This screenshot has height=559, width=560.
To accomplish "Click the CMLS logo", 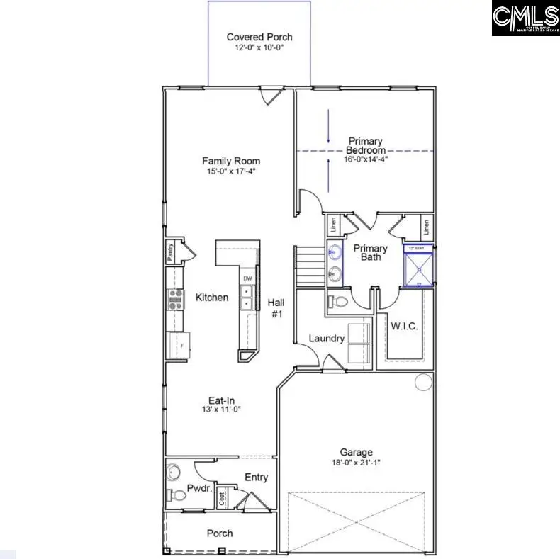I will point(525,18).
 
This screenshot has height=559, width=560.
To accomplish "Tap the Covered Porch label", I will point(259,37).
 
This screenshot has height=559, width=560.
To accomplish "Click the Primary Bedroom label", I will point(366,146).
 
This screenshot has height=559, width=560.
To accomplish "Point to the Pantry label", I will point(171,252).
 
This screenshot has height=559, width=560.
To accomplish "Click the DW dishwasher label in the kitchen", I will point(247,278).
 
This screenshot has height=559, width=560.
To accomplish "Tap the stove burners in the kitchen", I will point(174,300).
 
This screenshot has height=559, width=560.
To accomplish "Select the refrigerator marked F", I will point(177,345).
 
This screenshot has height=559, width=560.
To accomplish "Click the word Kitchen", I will point(212,298).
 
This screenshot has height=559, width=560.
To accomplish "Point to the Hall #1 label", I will point(276,307).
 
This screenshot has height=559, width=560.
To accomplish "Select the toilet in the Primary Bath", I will point(338,302).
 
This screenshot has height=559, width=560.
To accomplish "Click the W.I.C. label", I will point(404,327).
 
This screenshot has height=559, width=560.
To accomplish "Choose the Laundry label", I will point(327,339).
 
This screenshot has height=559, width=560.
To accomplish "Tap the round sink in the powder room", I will point(174,471).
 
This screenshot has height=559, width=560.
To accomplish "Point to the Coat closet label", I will point(221,499).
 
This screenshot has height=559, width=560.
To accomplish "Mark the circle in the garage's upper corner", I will point(423,383).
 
